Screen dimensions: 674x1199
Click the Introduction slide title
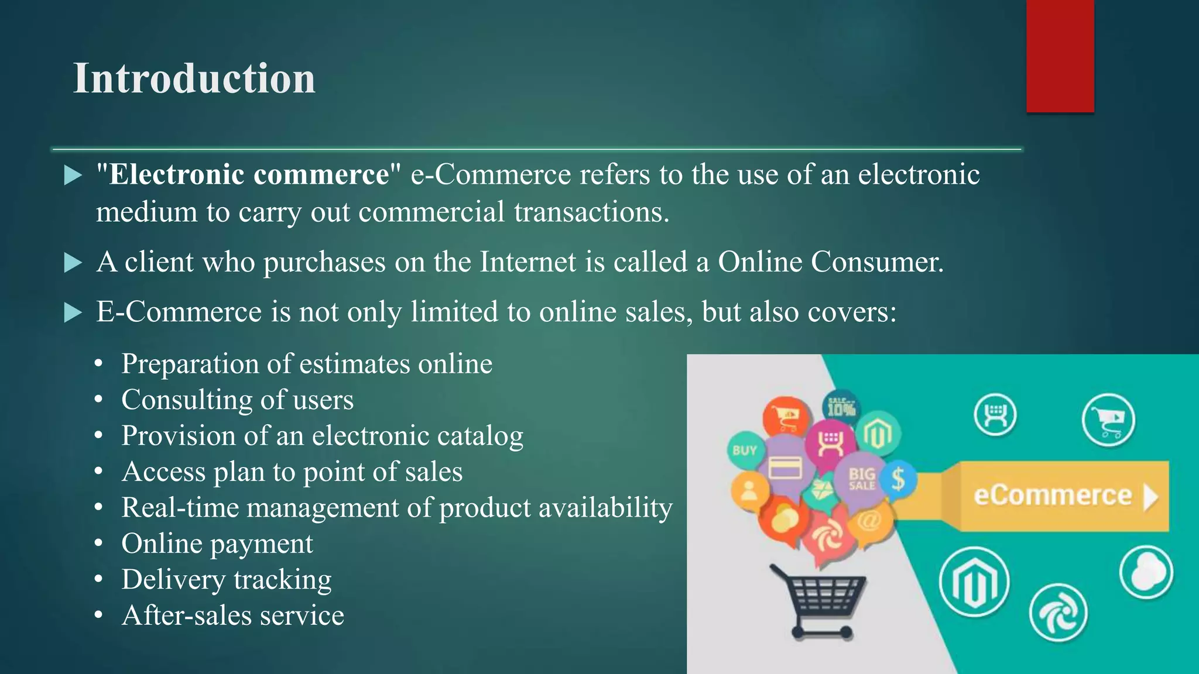[x=194, y=78]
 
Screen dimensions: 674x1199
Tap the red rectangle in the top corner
[x=1060, y=56]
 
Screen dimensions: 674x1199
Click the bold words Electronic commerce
[x=249, y=174]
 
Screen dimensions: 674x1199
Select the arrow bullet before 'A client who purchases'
[x=73, y=263]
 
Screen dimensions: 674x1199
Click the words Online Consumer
[x=830, y=262]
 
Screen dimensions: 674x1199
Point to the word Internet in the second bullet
[x=527, y=262]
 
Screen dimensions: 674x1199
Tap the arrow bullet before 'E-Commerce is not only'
[x=73, y=312]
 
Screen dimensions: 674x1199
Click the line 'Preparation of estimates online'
[x=306, y=364]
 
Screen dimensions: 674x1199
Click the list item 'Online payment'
[x=217, y=544]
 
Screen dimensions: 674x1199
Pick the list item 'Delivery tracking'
[x=226, y=579]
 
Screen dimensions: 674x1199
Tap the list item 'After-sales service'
[x=232, y=615]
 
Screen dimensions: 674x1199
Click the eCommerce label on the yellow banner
[x=1052, y=496]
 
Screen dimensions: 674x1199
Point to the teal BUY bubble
[x=745, y=451]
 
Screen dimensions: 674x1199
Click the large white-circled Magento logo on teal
[x=974, y=582]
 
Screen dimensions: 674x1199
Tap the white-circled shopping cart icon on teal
[x=1108, y=420]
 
